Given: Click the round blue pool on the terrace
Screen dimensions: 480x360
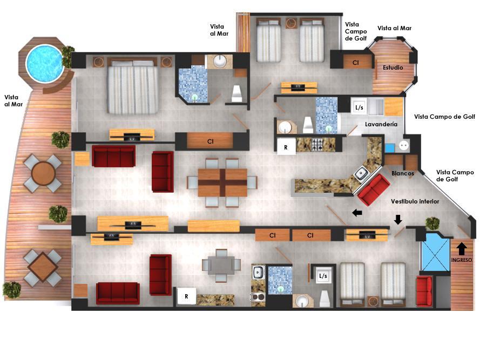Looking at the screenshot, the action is point(45,63).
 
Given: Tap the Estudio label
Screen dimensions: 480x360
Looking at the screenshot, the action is point(393,67).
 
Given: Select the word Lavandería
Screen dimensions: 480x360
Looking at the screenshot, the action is point(381,124).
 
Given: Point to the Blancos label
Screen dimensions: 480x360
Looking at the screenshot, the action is point(403,173).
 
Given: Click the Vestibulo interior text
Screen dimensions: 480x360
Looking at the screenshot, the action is point(415,201).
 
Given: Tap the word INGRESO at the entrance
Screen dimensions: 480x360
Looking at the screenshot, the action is point(461,260).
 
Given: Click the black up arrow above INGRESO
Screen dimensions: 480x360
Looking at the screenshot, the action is point(462,249).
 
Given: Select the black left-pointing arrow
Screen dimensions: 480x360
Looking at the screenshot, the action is point(357,213).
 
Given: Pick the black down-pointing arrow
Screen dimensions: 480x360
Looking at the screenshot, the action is point(397,220).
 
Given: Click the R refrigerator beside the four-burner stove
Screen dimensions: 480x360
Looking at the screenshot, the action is point(286,147).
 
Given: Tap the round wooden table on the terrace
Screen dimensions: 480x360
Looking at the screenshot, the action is point(43,173).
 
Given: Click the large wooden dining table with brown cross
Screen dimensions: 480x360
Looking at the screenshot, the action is point(222,182).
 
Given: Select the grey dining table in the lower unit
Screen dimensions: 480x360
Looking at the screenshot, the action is point(221,265).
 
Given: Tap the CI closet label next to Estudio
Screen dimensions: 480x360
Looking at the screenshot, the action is point(355,63).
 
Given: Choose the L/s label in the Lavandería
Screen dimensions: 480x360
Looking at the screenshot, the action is point(359,107).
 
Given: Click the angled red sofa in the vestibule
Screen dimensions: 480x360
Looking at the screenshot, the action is point(374,190).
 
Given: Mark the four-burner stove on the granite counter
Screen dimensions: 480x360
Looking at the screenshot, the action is point(317,145).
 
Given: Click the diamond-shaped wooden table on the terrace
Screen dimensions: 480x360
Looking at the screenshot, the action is point(43,266).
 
